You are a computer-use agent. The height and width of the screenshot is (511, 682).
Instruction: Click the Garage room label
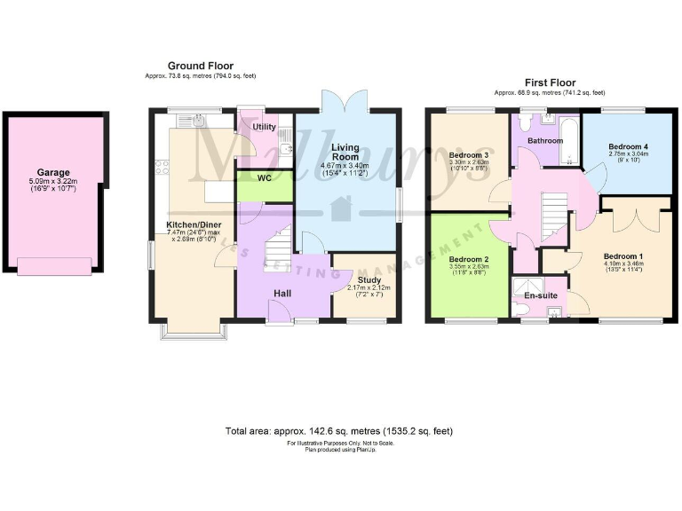(x=52, y=173)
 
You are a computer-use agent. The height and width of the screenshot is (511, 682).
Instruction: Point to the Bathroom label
(x=543, y=140)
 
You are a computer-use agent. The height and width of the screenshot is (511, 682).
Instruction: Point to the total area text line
(x=339, y=431)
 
